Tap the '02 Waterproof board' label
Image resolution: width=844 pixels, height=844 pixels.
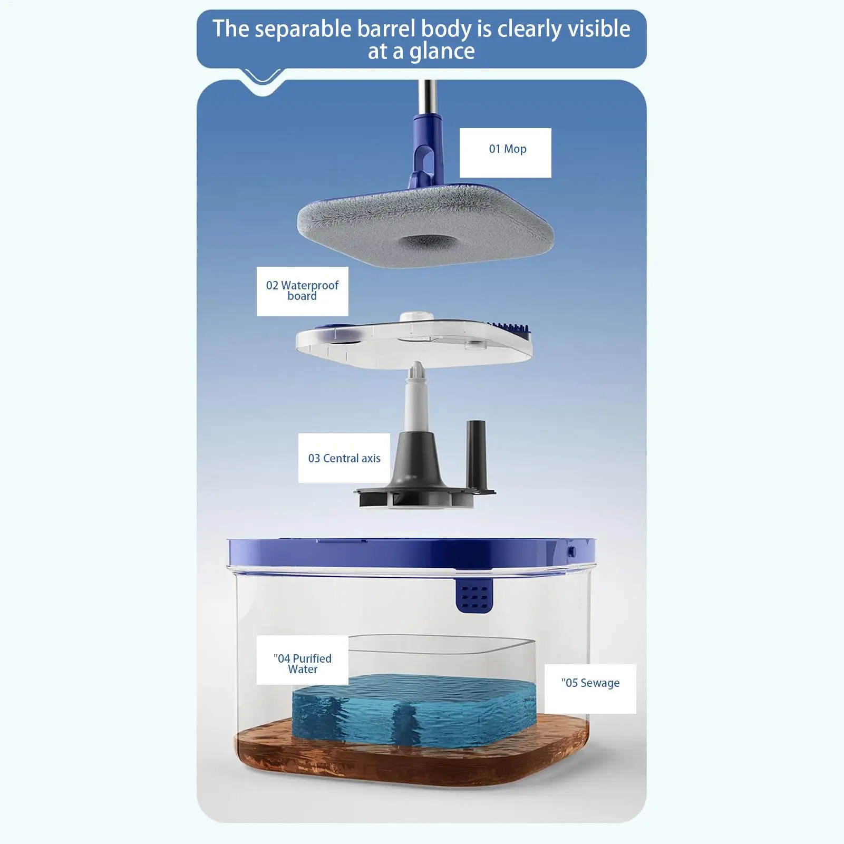pyautogui.click(x=302, y=291)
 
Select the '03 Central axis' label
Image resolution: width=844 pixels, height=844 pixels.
pyautogui.click(x=344, y=458)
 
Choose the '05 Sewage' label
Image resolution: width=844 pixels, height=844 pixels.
pyautogui.click(x=590, y=688)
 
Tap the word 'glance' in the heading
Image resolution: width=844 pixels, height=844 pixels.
pyautogui.click(x=442, y=52)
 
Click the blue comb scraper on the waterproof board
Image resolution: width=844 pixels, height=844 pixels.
pyautogui.click(x=509, y=327)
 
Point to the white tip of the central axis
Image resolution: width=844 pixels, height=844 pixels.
pyautogui.click(x=418, y=372)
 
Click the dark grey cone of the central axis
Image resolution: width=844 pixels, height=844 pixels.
pyautogui.click(x=416, y=464)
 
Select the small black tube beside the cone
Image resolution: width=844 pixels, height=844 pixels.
pyautogui.click(x=476, y=453)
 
